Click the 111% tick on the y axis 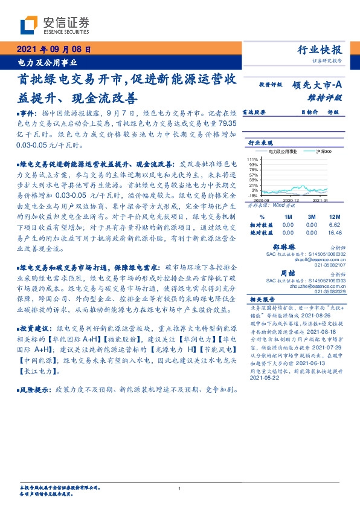click(x=253, y=158)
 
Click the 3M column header click(x=312, y=216)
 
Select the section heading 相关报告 click(x=262, y=299)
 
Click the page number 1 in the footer click(x=180, y=488)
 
